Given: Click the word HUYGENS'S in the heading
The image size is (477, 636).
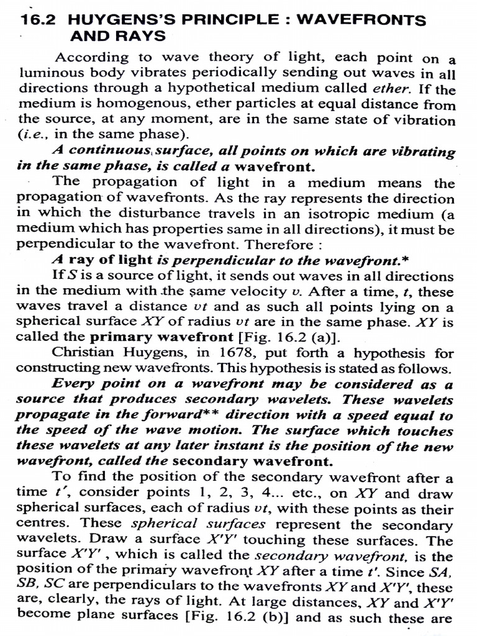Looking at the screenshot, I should coord(112,20).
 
